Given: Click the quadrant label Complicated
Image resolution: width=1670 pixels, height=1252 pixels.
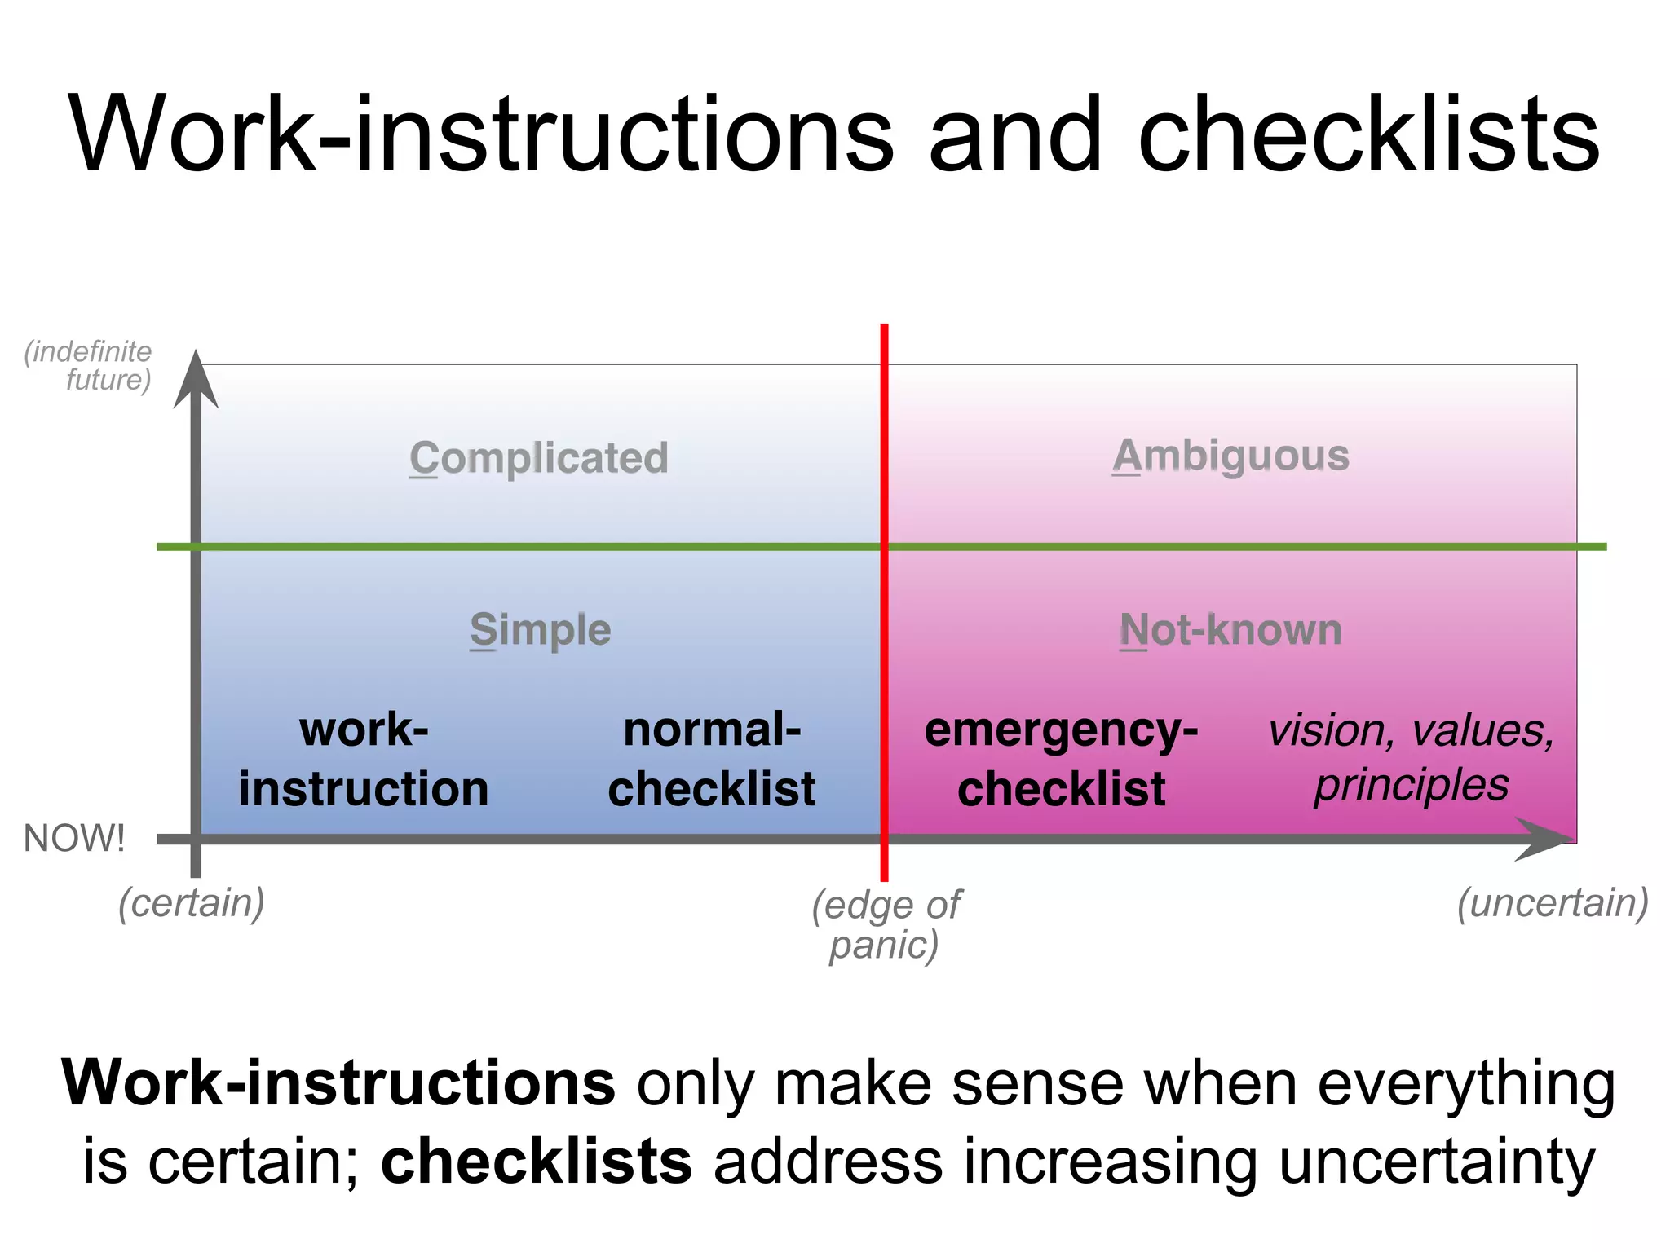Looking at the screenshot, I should [539, 458].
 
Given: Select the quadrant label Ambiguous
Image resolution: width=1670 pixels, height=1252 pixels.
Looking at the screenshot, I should [1230, 456].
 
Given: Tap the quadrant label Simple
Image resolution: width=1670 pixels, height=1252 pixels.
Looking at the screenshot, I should [540, 630].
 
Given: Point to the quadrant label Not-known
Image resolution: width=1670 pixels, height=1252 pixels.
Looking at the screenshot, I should [1230, 630].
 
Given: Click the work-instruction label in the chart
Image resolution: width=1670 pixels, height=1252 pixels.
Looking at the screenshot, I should [364, 759].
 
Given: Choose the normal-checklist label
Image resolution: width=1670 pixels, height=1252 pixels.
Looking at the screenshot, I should [712, 759].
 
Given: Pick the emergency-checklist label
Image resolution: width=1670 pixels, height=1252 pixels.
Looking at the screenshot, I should [1061, 759].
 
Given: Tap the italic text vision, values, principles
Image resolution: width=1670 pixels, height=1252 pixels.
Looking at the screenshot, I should [1411, 757].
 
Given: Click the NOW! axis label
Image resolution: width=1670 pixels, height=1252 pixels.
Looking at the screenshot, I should [74, 838].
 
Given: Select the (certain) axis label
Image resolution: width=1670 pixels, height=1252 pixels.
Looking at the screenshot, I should [192, 903].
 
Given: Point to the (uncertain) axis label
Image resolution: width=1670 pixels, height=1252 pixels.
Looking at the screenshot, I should [1553, 903].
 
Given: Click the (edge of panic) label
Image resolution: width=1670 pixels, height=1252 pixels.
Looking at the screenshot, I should [886, 924].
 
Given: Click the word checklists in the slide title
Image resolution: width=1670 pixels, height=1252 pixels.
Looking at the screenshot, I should [1369, 135].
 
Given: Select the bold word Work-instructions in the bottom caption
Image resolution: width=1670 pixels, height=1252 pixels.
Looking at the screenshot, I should [338, 1083].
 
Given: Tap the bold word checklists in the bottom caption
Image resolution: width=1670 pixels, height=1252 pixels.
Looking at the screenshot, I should [537, 1161].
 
